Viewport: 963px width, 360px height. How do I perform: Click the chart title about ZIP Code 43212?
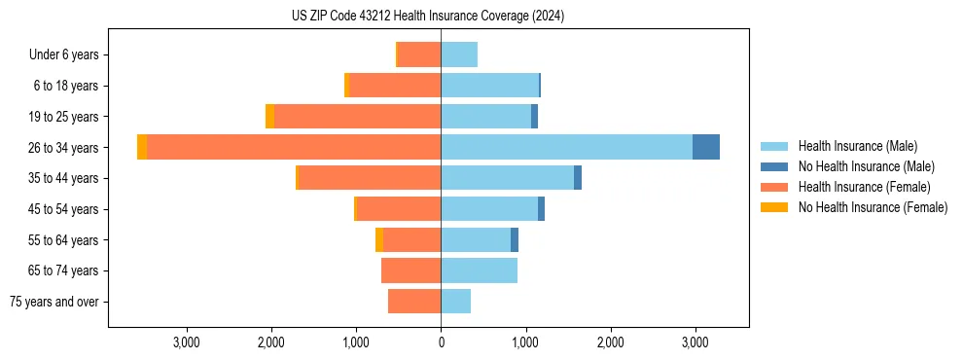tap(427, 17)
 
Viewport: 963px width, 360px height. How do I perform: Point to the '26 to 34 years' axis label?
tap(65, 148)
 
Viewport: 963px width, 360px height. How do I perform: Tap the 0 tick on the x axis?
tap(441, 342)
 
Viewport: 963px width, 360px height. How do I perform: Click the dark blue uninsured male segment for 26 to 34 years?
tap(706, 147)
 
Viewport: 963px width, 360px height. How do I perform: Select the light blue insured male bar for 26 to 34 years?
tap(566, 147)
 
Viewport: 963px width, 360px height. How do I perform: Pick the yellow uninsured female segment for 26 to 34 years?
tap(142, 147)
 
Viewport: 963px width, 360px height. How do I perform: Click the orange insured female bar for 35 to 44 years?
tap(370, 178)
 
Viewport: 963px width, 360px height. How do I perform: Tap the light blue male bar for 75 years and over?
tap(456, 302)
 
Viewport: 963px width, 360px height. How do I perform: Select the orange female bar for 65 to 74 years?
tap(410, 270)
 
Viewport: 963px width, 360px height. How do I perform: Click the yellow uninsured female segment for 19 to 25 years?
tap(269, 117)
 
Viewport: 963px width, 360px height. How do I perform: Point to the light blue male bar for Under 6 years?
tap(459, 54)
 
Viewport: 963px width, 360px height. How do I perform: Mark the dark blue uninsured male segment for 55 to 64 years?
tap(515, 240)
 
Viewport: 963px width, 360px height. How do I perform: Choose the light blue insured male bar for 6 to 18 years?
tap(489, 86)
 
